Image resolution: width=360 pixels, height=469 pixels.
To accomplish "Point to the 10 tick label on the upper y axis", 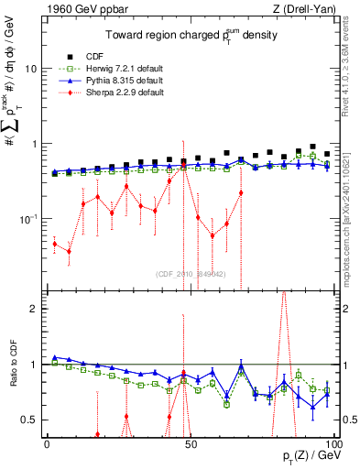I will [x=31, y=69].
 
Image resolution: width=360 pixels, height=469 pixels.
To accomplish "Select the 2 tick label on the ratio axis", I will [x=35, y=309].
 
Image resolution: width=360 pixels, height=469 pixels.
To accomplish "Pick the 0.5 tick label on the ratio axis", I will [x=31, y=420].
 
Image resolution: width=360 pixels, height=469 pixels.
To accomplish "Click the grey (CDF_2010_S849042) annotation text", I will [x=190, y=273].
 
